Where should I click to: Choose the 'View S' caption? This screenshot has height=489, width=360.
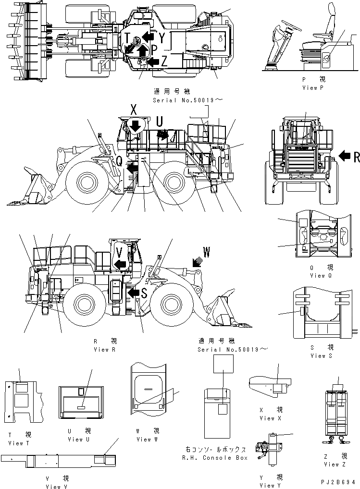click(x=318, y=355)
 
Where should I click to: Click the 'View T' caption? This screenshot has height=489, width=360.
click(x=15, y=443)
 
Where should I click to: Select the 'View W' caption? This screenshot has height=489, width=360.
click(x=144, y=439)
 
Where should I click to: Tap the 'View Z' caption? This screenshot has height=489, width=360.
click(x=332, y=465)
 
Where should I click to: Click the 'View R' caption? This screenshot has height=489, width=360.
click(x=105, y=350)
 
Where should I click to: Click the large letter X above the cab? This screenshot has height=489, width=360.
click(x=133, y=110)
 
